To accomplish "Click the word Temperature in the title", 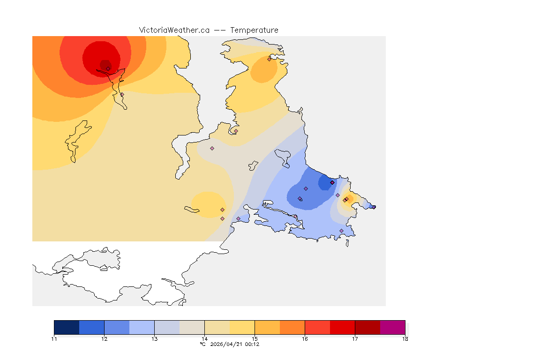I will tap(254, 30).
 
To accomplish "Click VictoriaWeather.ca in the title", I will tap(174, 30).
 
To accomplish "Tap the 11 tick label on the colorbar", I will tap(54, 339).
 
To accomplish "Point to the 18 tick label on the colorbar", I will tap(405, 339).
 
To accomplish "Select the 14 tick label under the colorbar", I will tap(204, 339).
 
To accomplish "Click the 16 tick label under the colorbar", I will tap(305, 339).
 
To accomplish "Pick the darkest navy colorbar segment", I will tap(67, 327).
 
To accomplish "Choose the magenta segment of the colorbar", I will tap(392, 327).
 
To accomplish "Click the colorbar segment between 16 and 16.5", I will tap(317, 327).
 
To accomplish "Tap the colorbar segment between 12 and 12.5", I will tap(117, 327).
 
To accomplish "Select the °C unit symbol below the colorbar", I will tap(202, 344).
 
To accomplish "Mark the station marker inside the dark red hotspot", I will tap(108, 68).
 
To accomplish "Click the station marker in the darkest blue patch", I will tap(332, 182).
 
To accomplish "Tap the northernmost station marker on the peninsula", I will tap(269, 59).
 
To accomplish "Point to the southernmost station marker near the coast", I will tap(341, 231).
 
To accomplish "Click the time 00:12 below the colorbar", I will tap(252, 344).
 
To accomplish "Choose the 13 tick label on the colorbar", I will tap(154, 339).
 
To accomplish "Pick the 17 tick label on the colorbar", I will tap(355, 339).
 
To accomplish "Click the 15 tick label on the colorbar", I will tap(255, 339).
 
